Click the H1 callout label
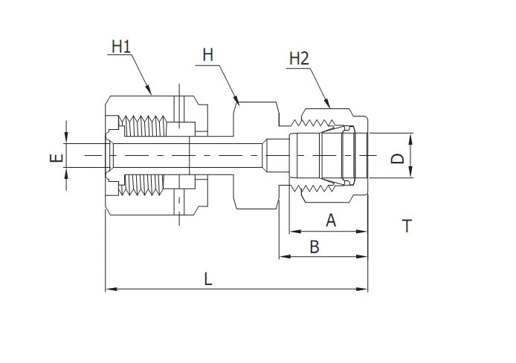[120, 46]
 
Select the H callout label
[207, 56]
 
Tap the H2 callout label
[300, 58]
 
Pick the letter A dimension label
[331, 220]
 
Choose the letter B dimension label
[315, 247]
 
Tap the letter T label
[406, 226]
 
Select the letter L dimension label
[208, 279]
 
